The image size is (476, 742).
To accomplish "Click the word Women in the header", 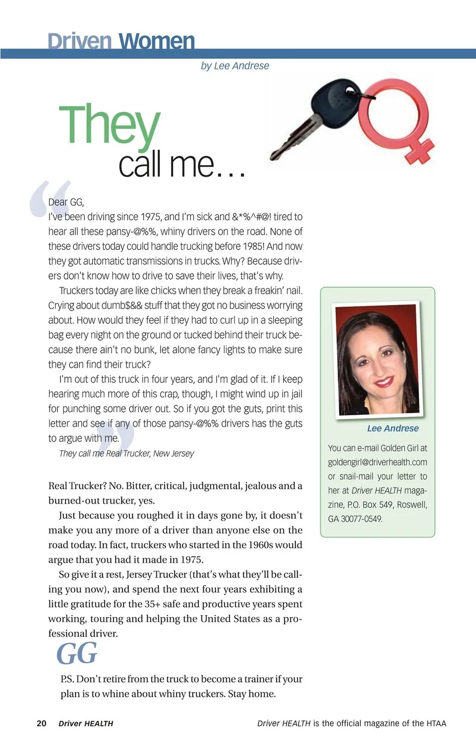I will coord(157,41).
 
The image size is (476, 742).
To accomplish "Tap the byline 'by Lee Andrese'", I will coord(235,65).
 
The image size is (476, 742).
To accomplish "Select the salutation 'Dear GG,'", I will coord(66,202).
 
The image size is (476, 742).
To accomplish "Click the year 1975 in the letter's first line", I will coord(151,217).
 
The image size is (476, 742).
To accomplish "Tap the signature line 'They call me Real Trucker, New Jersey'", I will coord(126,453).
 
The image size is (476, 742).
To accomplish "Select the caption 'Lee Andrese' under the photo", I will coord(393,428).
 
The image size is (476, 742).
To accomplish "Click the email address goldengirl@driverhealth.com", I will coord(377,462).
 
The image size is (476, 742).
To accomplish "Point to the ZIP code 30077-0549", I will coord(361,519).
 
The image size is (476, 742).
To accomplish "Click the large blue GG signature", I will coord(77,653).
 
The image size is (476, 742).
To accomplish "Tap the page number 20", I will coord(42,723).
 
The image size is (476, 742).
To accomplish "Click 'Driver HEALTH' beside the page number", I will coord(86,723).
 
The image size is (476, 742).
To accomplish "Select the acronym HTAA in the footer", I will coord(436,723).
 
